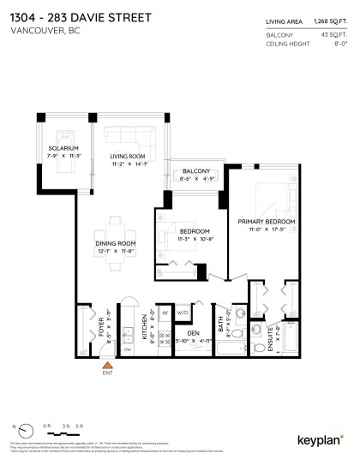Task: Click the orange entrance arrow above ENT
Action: [107, 366]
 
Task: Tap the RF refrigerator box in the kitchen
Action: [165, 313]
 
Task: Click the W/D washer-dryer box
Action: [182, 313]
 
